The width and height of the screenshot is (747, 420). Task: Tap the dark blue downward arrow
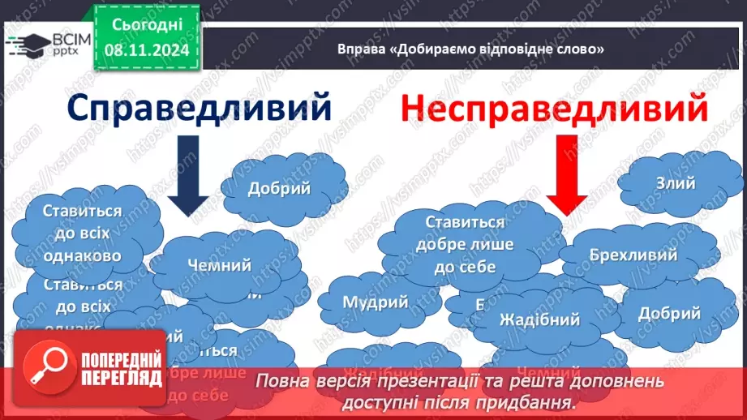[x=190, y=175]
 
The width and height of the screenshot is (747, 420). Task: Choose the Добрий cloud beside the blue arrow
[x=279, y=189]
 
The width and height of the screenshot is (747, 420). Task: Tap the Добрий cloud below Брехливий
[x=669, y=313]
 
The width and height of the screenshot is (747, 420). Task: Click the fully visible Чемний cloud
[x=219, y=265]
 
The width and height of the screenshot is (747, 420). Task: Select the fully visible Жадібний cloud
[x=539, y=319]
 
